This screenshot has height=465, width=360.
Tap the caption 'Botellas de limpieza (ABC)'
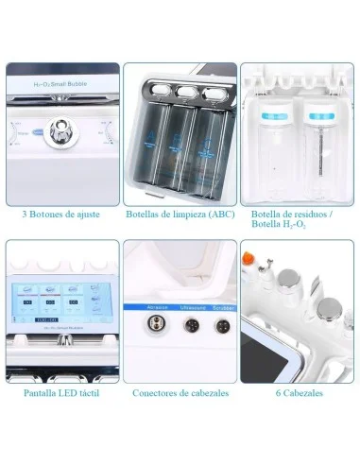pyautogui.click(x=180, y=214)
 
